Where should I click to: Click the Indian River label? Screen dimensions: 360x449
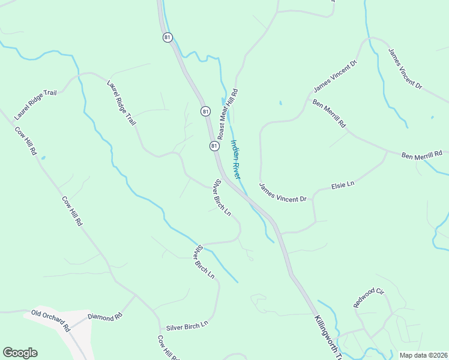click(235, 160)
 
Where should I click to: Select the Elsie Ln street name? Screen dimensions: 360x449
click(343, 187)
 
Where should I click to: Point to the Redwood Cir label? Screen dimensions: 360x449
click(368, 298)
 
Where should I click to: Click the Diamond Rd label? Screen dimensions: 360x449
click(104, 316)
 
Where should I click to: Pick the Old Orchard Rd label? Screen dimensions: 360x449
click(51, 321)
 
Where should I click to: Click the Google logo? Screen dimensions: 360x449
click(20, 353)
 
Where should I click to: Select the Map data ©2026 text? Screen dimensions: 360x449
click(423, 355)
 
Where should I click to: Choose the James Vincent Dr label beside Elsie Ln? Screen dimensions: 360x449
click(283, 193)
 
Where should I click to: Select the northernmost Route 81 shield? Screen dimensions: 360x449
click(167, 37)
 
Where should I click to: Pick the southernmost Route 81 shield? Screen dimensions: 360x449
click(214, 146)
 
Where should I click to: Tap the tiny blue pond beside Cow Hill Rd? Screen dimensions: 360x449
click(43, 158)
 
